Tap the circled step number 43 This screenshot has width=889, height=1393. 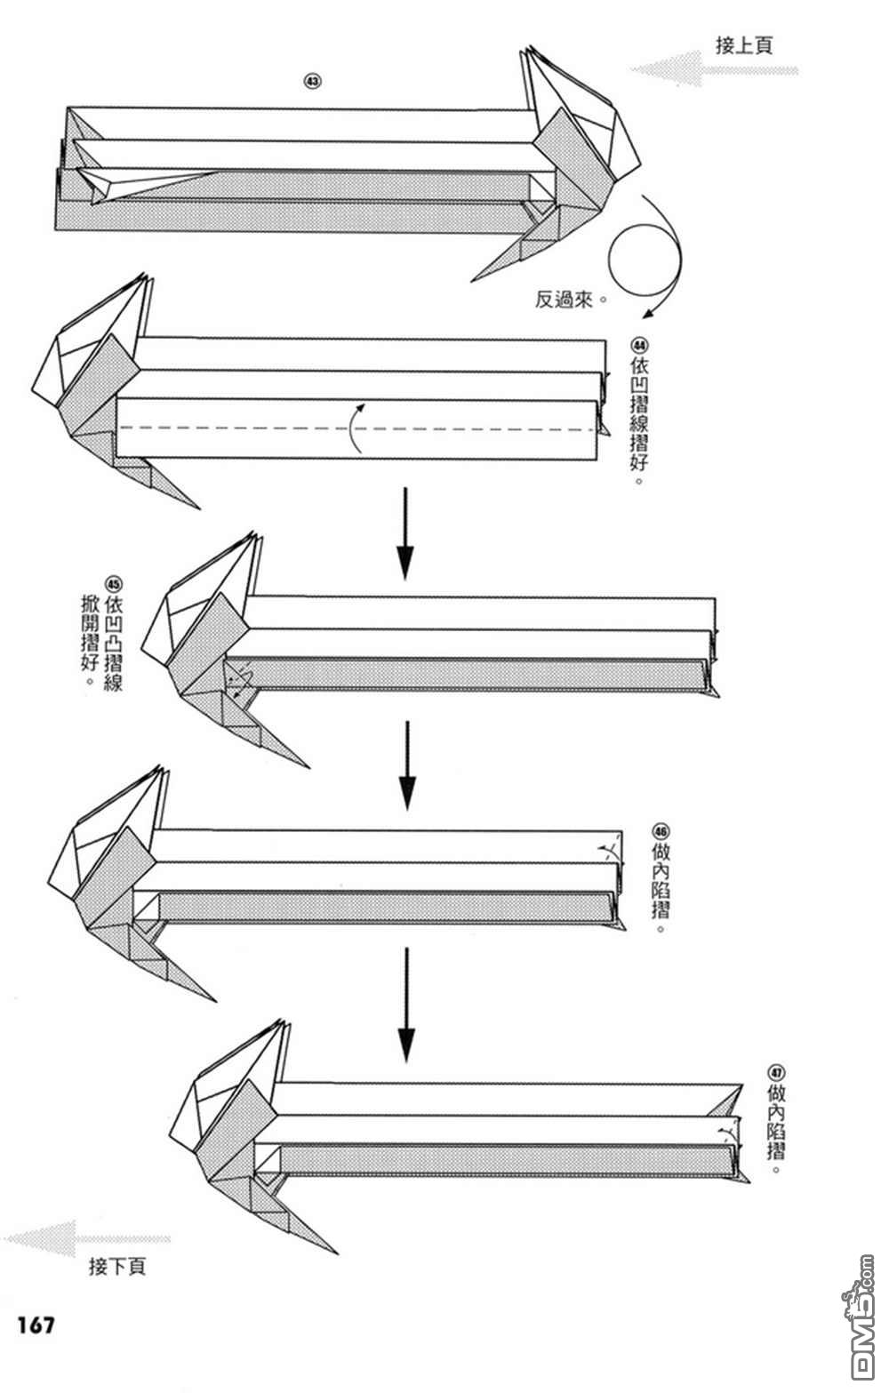[312, 82]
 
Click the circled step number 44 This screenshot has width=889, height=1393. [639, 345]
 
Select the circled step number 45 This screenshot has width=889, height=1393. [114, 584]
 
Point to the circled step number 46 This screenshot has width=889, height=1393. [660, 831]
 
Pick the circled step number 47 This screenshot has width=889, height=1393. [776, 1072]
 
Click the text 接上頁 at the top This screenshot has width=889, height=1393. [743, 45]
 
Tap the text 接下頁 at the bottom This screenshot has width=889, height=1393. [117, 1266]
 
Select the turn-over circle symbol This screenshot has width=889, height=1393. [645, 260]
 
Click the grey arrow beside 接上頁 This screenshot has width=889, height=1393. [713, 69]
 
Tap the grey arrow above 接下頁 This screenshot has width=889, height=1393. [87, 1238]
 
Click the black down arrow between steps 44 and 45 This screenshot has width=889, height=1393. [405, 533]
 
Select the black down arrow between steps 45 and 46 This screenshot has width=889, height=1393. [407, 765]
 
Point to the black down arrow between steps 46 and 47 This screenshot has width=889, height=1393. [406, 1005]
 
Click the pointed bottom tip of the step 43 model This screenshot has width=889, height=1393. [471, 281]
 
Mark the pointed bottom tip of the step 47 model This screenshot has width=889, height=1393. [338, 1253]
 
